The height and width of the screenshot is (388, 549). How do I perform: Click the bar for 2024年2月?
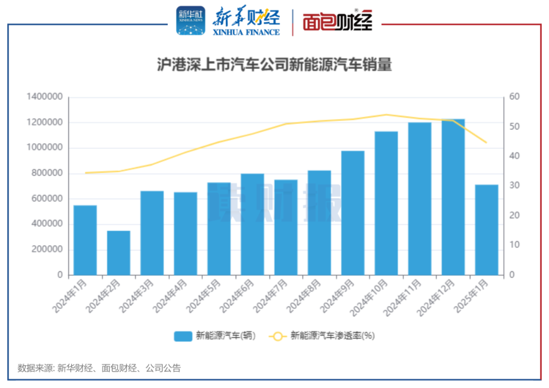pos(118,252)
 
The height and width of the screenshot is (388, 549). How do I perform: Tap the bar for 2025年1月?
pos(486,230)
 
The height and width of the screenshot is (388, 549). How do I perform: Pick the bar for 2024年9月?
pos(353,213)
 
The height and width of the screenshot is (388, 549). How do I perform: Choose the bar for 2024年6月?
pos(252,224)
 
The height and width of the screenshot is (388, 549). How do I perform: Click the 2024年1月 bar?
pos(85,240)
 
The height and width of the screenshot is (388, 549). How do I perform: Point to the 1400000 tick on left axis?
pos(44,97)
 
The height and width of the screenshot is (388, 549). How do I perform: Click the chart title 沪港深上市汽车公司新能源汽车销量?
pos(274,65)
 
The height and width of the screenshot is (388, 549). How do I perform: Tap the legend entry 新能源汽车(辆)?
pos(214,336)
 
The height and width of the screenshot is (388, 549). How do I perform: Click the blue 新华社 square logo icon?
pos(191,21)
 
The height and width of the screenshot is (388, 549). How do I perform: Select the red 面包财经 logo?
pos(338,21)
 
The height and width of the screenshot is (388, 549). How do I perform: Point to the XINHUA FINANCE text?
pos(246,32)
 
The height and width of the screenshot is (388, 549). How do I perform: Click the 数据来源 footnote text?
pos(99,368)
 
